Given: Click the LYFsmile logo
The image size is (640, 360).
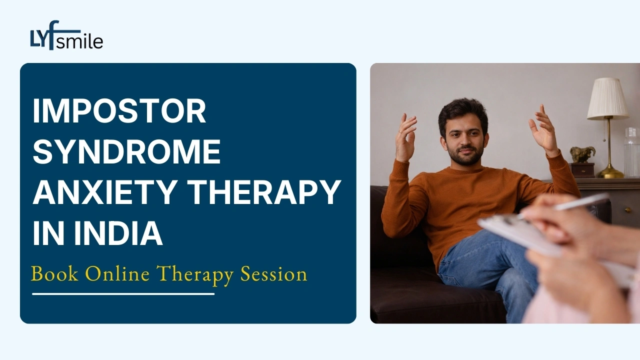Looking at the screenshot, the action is (66, 35).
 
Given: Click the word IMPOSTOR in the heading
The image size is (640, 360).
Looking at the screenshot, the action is (119, 111).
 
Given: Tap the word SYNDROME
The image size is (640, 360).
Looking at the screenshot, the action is (127, 151).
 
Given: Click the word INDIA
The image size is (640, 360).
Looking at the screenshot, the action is (118, 232).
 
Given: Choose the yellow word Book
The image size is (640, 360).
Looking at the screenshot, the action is (54, 273).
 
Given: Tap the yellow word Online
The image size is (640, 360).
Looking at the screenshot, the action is (117, 273).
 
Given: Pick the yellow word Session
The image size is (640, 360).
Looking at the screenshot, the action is (273, 273).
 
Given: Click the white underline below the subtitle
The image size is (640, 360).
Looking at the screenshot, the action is (123, 293).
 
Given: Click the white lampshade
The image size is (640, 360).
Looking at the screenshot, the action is (607, 98).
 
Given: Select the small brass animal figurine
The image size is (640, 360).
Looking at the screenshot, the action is (582, 154).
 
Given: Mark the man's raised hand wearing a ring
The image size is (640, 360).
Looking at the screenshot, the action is (405, 137).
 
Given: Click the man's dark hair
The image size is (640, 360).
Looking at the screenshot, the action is (462, 114).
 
